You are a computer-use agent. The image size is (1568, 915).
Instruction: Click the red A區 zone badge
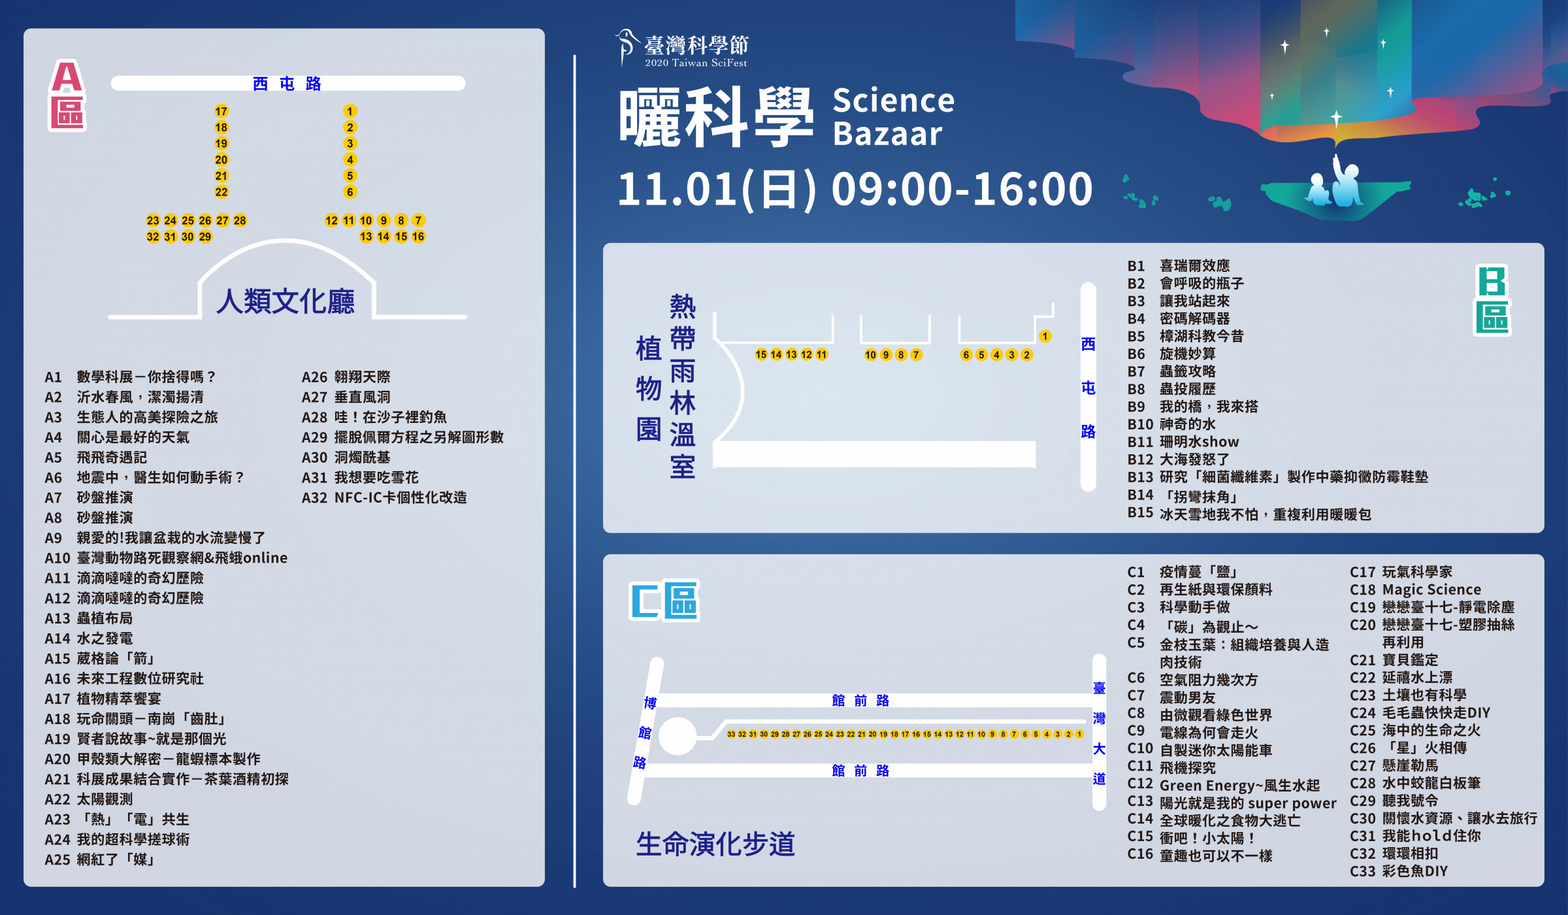pos(67,95)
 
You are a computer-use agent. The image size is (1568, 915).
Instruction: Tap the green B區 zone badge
pos(1492,300)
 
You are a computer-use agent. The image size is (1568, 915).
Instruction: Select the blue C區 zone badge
pos(664,601)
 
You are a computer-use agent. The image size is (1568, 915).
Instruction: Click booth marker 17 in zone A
pos(221,111)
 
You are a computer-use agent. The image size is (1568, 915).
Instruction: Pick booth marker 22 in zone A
pos(221,192)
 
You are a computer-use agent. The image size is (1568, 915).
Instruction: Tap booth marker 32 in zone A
pos(153,237)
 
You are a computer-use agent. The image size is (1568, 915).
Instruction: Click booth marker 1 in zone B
pos(1045,336)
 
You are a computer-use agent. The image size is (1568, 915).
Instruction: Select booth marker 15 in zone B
pos(760,354)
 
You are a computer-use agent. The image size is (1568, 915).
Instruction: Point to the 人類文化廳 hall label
pos(286,301)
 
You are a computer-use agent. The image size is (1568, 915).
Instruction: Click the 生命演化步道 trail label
pos(715,844)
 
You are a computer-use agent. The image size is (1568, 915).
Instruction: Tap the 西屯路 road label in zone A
pos(287,84)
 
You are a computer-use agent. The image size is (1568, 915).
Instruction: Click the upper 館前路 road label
pos(860,701)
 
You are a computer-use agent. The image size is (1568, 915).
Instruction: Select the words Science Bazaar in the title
pos(893,117)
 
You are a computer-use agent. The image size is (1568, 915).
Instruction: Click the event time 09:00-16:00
pos(962,189)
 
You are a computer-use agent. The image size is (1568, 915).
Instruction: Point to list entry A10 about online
pos(166,557)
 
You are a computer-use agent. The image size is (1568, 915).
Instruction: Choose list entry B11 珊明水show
pos(1183,442)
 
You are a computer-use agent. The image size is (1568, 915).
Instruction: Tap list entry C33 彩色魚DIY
pos(1399,871)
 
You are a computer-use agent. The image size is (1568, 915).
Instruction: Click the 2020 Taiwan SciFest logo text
pos(696,63)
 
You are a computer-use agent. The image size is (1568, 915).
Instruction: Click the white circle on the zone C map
pos(678,736)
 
